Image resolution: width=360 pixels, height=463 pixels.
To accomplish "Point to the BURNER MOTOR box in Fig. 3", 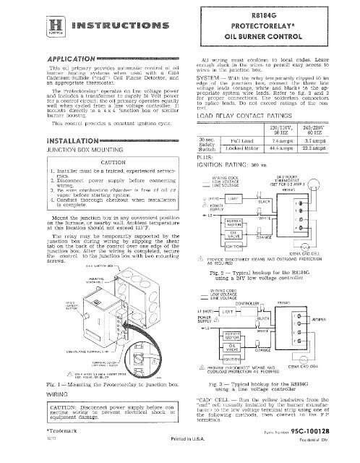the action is click(x=243, y=357).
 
